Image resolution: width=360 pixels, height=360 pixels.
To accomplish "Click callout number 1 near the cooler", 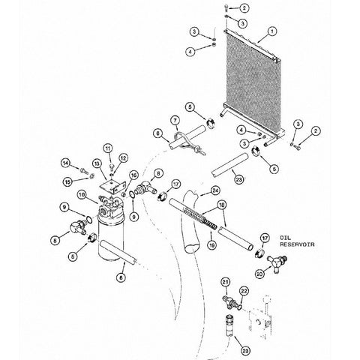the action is coord(272,31).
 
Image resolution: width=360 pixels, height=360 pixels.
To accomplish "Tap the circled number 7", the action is coord(175,121).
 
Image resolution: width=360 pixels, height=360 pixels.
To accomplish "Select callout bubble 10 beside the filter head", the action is coord(82,195).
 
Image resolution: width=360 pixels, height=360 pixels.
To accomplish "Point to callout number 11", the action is coord(107,148).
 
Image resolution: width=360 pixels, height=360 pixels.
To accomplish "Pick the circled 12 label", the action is coord(123,158).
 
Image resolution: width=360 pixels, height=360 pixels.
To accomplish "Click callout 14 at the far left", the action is coord(65,163).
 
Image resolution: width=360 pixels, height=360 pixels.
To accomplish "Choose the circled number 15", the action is coord(67,181).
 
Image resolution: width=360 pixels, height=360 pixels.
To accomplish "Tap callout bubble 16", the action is coord(133,175).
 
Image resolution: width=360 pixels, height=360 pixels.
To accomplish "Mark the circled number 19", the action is coord(211,245).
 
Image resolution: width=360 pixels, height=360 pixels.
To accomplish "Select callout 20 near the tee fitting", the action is coord(259,274).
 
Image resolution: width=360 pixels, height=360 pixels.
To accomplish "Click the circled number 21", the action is coord(226,282).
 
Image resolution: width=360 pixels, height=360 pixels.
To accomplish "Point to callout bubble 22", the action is coord(244,291).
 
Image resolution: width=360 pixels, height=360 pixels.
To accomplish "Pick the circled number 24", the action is coord(215,190).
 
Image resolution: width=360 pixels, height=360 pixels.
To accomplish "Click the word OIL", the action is coord(285,237).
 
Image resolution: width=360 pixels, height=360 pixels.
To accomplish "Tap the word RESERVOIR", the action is coord(297,244).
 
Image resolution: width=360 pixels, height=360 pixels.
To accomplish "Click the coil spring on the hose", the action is coord(200,217).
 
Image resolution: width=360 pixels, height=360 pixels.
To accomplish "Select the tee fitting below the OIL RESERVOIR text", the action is coord(277,263).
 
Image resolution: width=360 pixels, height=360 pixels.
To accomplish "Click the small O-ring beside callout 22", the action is coord(239,307).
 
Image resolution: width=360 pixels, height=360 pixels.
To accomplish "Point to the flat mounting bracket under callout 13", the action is coord(112,186).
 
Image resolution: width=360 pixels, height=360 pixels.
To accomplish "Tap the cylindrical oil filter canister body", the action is coord(111,238).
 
